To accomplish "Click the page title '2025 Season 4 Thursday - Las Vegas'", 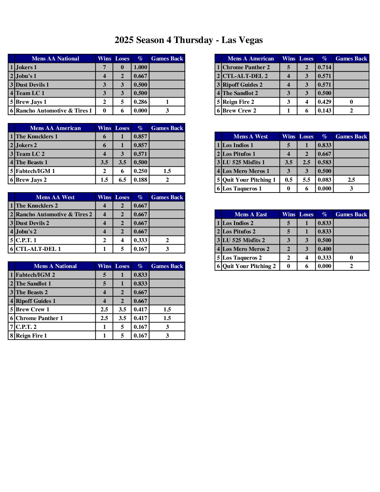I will (189, 40).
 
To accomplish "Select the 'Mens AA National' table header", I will (55, 59).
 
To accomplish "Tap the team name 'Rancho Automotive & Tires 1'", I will (54, 111).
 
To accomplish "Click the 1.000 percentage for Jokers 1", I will (140, 67).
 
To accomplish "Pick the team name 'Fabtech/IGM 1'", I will (35, 171).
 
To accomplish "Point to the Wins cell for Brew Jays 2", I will (104, 180).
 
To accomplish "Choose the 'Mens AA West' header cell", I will (55, 197).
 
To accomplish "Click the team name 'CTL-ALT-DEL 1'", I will (38, 249).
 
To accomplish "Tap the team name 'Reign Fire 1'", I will (31, 336).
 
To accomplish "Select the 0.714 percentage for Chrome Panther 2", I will (324, 67).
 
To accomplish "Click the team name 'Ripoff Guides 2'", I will (242, 85).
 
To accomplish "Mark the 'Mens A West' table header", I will (250, 137).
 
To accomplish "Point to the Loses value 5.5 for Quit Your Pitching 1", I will (306, 180).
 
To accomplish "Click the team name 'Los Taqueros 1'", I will (242, 189).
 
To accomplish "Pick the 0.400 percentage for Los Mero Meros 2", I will (324, 249).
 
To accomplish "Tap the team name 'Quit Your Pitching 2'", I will (249, 266).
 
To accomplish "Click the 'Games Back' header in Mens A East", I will (351, 215).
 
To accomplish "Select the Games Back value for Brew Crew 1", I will (167, 310).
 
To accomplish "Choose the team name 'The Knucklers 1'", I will (37, 137).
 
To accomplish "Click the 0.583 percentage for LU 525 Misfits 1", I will (324, 162).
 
